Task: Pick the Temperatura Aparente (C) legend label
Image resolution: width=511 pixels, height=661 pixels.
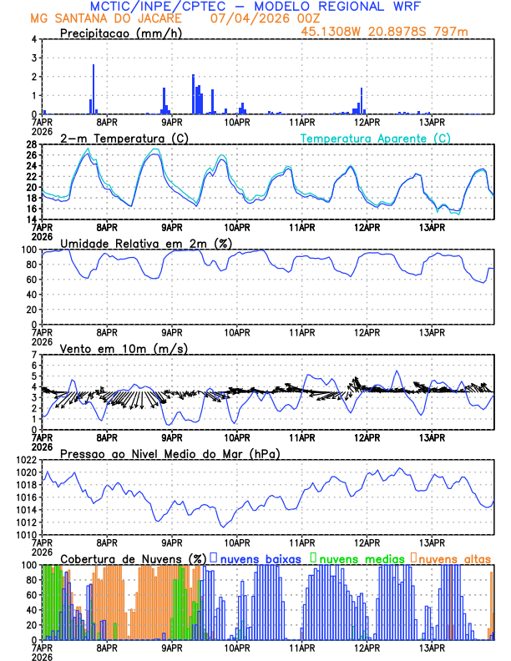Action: click(376, 138)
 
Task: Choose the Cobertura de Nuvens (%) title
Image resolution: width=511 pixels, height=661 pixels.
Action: click(134, 558)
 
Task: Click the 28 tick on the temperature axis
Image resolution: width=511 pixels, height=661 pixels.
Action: click(31, 144)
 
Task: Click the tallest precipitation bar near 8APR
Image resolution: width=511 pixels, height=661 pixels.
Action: click(94, 88)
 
